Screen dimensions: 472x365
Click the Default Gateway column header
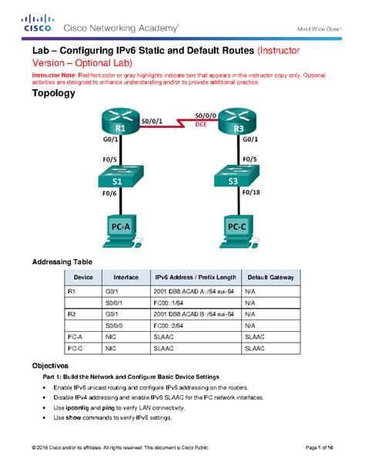264,277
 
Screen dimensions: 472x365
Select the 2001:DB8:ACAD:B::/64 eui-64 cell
192,315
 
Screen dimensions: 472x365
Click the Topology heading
53,94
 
